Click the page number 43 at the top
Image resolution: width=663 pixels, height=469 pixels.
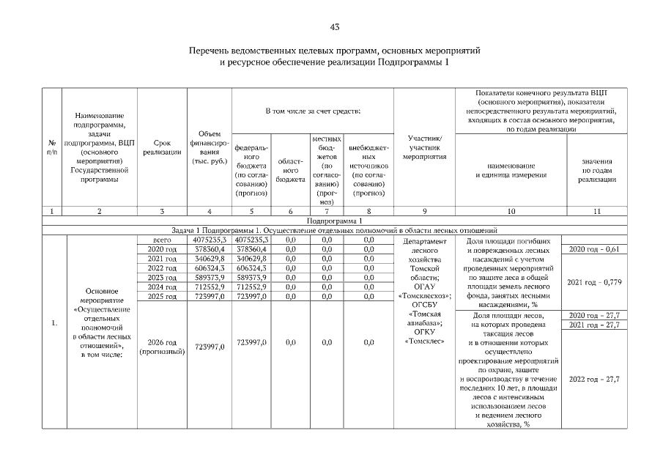pos(335,27)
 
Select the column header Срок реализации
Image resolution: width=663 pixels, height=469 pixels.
pos(162,147)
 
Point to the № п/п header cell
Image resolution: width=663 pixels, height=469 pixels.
pos(51,147)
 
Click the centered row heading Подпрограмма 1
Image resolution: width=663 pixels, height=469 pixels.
pos(335,221)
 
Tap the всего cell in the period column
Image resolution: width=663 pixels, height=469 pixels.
pos(162,240)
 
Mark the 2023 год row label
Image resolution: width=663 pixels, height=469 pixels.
pos(162,278)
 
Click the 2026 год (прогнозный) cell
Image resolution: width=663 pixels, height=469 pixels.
pos(162,347)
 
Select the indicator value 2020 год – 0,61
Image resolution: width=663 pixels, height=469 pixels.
pos(595,250)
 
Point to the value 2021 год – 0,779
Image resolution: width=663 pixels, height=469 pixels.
pos(595,282)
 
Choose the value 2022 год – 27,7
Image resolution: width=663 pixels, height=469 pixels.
pos(595,379)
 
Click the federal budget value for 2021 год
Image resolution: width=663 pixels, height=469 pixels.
pos(253,259)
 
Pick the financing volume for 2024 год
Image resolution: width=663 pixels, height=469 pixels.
pos(210,287)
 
